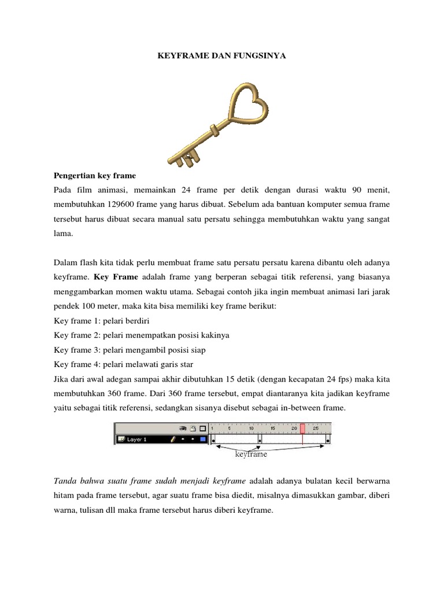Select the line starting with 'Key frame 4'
tap(123, 365)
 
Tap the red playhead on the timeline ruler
tap(302, 428)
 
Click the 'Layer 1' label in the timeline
tap(136, 439)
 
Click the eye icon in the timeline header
tap(183, 428)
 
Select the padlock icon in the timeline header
tap(193, 428)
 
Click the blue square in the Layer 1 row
tap(202, 439)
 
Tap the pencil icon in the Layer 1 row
tap(172, 439)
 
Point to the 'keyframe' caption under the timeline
tap(251, 454)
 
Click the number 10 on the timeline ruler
tap(251, 428)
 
